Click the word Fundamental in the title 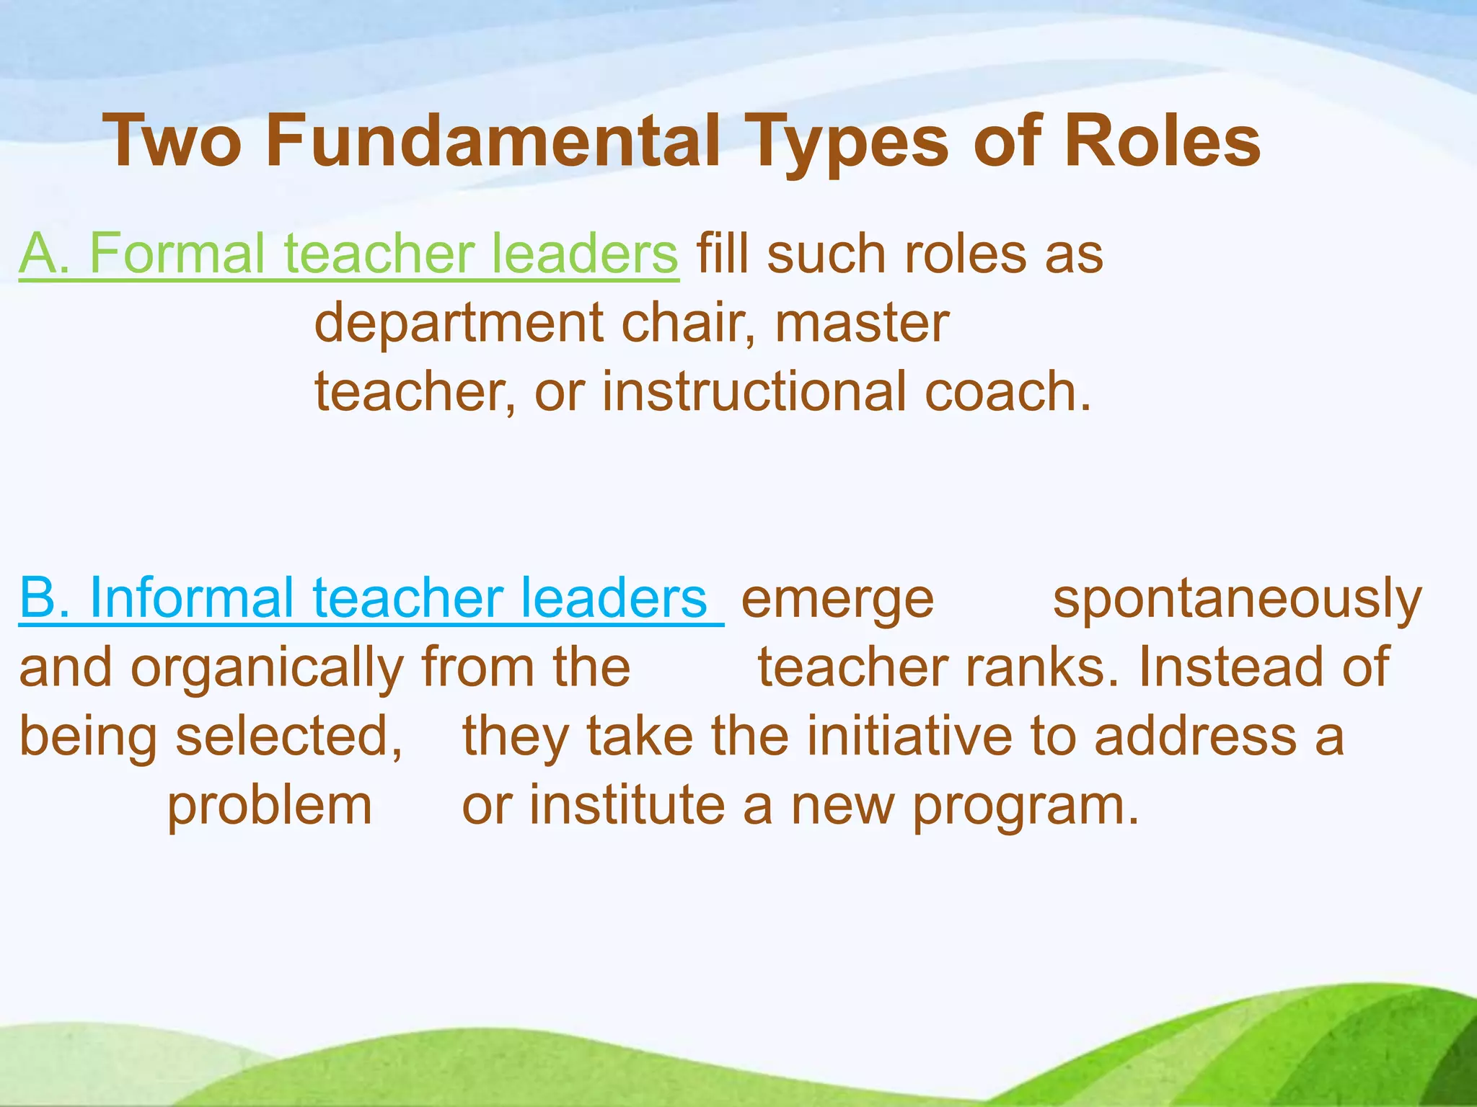tap(493, 141)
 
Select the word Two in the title tap(173, 141)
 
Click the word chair tap(689, 322)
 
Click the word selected tap(289, 737)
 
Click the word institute tap(627, 805)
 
